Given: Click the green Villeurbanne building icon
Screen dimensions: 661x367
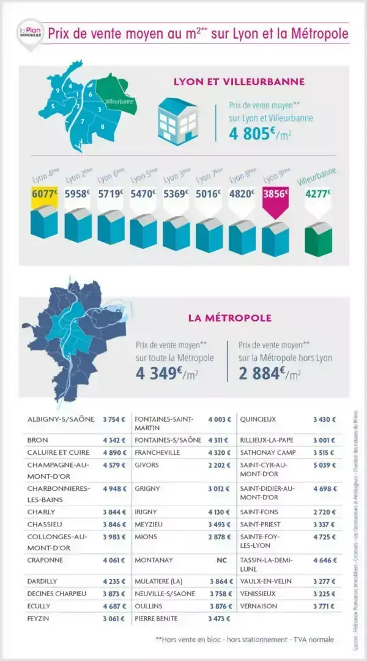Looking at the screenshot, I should tap(317, 239).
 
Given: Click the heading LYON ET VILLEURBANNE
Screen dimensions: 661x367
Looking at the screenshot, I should tap(239, 81).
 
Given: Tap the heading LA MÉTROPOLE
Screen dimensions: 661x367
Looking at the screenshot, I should tap(229, 318).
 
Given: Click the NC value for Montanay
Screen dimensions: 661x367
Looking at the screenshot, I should tap(221, 560).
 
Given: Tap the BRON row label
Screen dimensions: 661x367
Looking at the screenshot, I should tap(38, 440).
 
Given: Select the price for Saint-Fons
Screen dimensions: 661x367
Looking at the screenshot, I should tap(324, 512).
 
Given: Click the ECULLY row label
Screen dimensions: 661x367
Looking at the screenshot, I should tap(39, 606).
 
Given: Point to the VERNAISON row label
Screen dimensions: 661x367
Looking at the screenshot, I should tap(259, 606).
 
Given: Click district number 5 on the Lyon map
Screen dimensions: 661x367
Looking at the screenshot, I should tap(53, 106).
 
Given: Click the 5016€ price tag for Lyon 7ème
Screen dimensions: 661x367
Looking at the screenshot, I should tap(209, 195).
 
